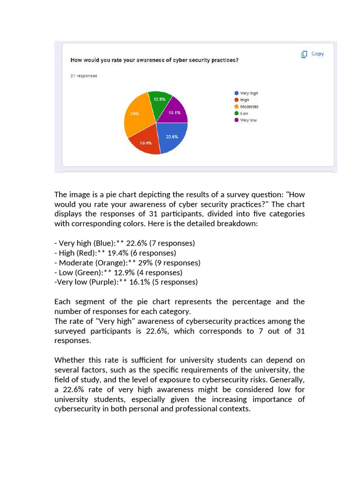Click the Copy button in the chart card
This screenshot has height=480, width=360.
click(313, 54)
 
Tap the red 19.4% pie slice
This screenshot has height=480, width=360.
click(145, 142)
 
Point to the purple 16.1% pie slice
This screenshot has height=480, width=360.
click(175, 111)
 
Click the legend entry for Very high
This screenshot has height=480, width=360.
click(249, 93)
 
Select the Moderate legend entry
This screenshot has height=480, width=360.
click(249, 107)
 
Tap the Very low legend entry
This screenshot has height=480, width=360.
click(248, 120)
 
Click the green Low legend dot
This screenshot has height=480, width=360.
click(237, 113)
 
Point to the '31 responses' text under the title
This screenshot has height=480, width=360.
click(83, 76)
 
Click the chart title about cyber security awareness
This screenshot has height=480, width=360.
click(154, 60)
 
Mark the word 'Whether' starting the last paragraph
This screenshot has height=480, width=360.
click(69, 360)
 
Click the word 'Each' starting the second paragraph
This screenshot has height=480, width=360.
click(62, 302)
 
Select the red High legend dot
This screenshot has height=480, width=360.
click(237, 100)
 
